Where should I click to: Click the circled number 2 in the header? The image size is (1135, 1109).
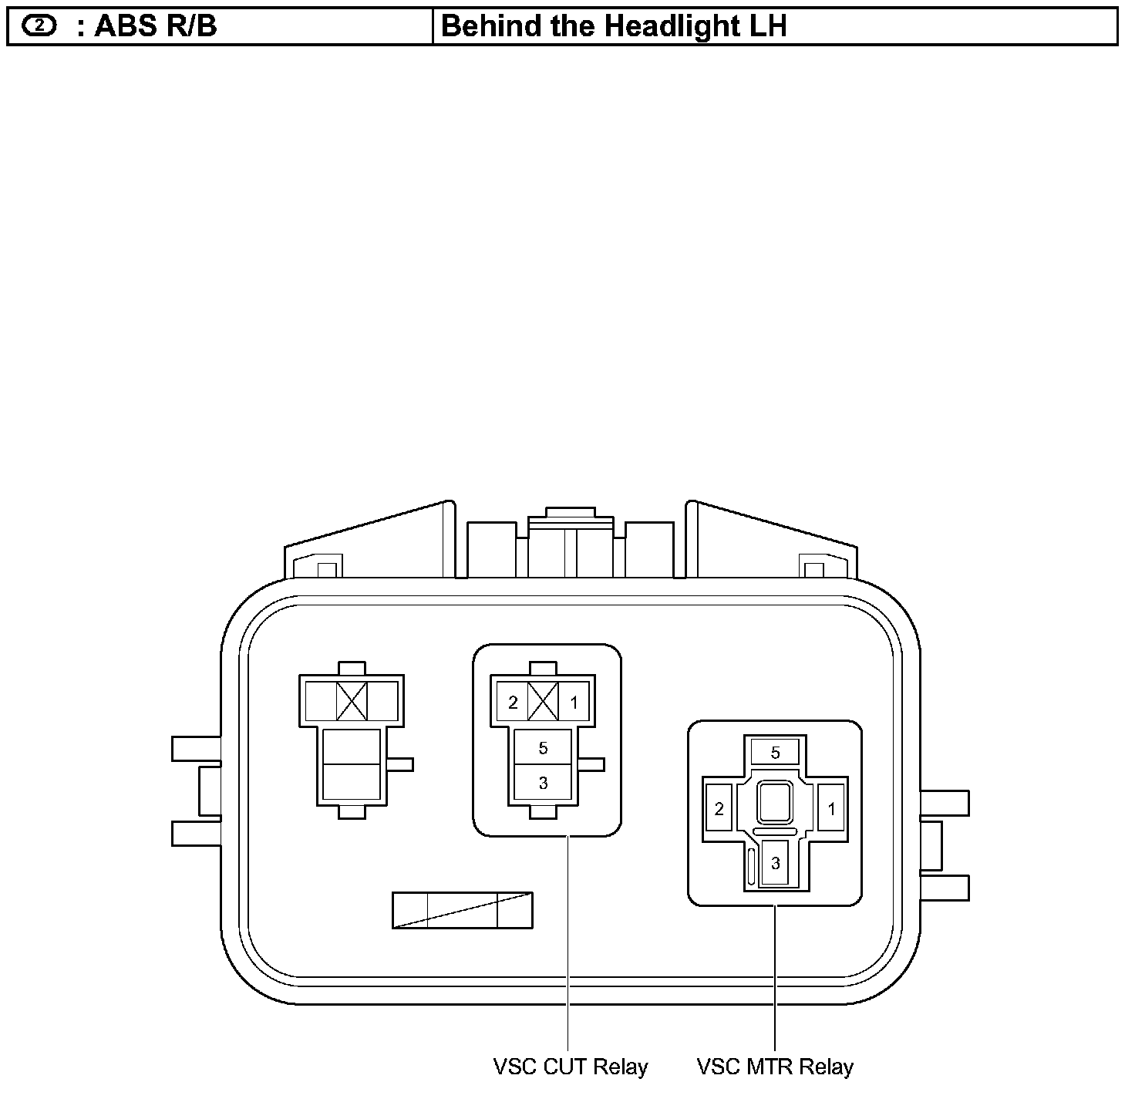(x=39, y=25)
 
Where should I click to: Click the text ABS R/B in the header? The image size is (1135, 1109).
(x=155, y=26)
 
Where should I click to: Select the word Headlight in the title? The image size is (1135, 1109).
(x=672, y=27)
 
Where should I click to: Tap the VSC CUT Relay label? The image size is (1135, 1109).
(x=571, y=1067)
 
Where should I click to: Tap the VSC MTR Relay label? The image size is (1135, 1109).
(x=775, y=1067)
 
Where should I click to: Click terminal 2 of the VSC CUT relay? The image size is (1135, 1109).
(x=513, y=703)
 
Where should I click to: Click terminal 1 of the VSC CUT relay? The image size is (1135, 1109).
(x=574, y=703)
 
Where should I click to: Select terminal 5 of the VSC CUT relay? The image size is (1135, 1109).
(x=543, y=748)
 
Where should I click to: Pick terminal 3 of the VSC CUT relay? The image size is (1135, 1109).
(x=543, y=783)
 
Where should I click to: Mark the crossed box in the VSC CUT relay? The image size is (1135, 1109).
(x=543, y=702)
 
